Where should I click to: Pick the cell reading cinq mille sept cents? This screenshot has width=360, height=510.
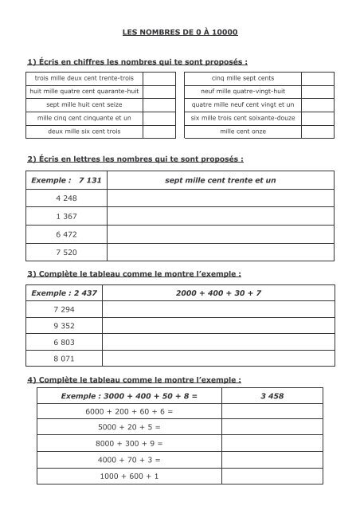point(243,78)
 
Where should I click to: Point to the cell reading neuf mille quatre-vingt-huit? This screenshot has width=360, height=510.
point(243,91)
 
